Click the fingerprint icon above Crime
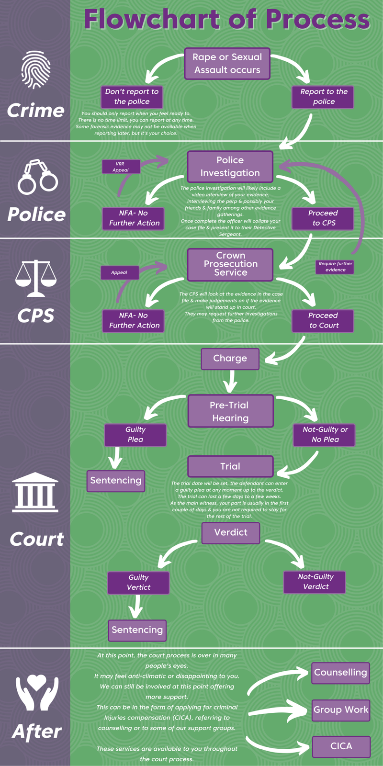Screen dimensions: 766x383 pyautogui.click(x=36, y=70)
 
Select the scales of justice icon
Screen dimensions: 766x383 pyautogui.click(x=36, y=278)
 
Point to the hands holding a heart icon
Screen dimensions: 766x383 pyautogui.click(x=37, y=692)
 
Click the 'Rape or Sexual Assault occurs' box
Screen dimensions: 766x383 pyautogui.click(x=227, y=64)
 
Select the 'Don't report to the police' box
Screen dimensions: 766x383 pyautogui.click(x=132, y=97)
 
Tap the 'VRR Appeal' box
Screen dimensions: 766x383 pyautogui.click(x=121, y=167)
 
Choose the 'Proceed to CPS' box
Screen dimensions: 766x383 pyautogui.click(x=323, y=218)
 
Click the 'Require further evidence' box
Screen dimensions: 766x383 pyautogui.click(x=335, y=267)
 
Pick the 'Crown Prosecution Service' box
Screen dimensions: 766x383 pyautogui.click(x=230, y=264)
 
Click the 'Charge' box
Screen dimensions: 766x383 pyautogui.click(x=230, y=359)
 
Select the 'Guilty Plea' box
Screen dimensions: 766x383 pyautogui.click(x=135, y=435)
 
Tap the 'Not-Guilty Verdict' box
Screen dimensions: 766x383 pyautogui.click(x=315, y=582)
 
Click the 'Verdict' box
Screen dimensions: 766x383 pyautogui.click(x=231, y=533)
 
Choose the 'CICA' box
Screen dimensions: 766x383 pyautogui.click(x=341, y=746)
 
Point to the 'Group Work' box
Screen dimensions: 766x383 pyautogui.click(x=341, y=710)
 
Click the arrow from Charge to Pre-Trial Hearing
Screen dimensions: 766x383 pyautogui.click(x=231, y=382)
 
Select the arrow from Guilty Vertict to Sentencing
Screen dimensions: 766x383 pyautogui.click(x=136, y=607)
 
